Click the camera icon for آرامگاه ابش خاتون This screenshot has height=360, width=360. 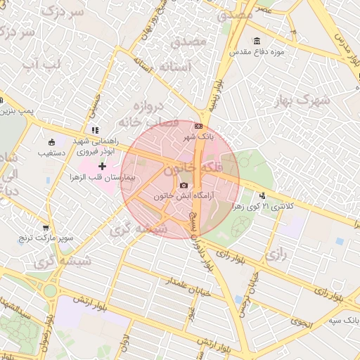tap(184, 186)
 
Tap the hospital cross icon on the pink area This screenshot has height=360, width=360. tap(103, 167)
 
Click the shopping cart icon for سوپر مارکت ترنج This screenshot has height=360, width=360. tap(46, 228)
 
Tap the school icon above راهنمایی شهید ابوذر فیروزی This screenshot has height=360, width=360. tap(95, 130)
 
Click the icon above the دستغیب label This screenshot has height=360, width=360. tap(51, 141)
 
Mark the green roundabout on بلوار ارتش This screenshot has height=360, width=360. tap(51, 290)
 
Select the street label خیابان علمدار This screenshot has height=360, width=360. tap(189, 289)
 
